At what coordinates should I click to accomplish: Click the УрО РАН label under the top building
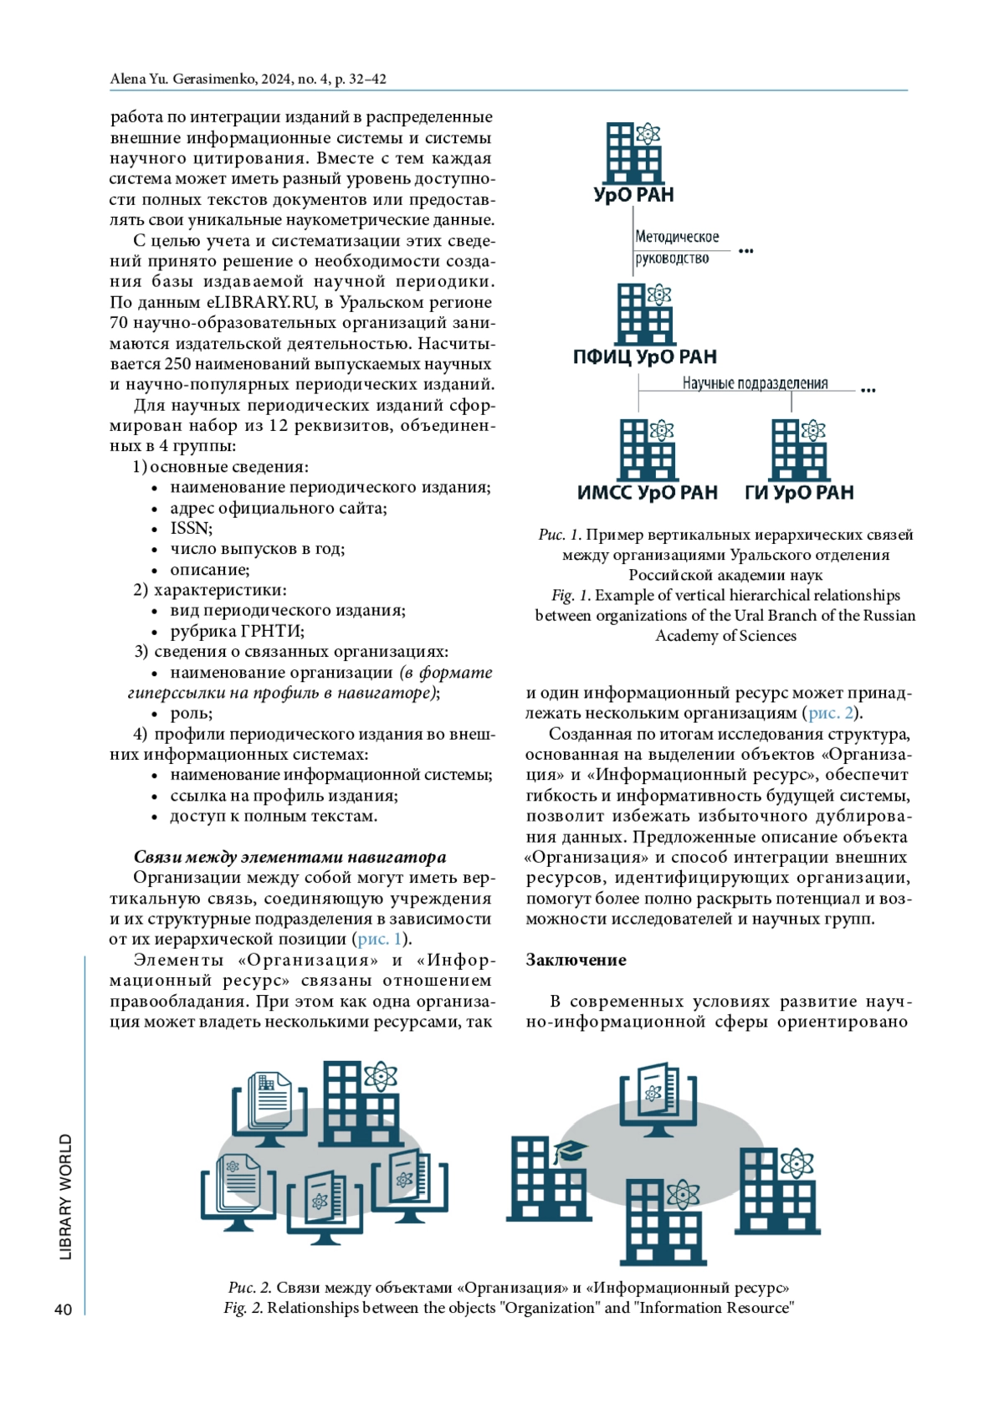633,195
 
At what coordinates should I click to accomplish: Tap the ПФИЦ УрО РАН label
645,357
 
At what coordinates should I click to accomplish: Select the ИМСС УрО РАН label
648,493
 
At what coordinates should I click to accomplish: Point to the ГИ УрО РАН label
799,493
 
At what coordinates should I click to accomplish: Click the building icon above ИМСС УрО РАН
647,449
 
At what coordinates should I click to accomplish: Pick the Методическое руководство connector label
676,248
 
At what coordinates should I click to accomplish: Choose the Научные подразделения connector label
755,383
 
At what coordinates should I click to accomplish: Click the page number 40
63,1310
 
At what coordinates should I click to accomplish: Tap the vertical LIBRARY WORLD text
66,1197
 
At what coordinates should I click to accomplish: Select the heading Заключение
576,960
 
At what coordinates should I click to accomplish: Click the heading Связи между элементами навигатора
289,857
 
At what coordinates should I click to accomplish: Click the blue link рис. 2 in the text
831,713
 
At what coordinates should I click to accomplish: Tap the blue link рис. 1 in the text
380,939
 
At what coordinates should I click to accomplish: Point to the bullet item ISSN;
192,528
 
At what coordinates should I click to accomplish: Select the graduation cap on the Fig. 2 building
570,1151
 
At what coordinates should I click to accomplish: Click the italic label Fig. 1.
571,595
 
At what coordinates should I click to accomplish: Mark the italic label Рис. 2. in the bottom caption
249,1287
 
